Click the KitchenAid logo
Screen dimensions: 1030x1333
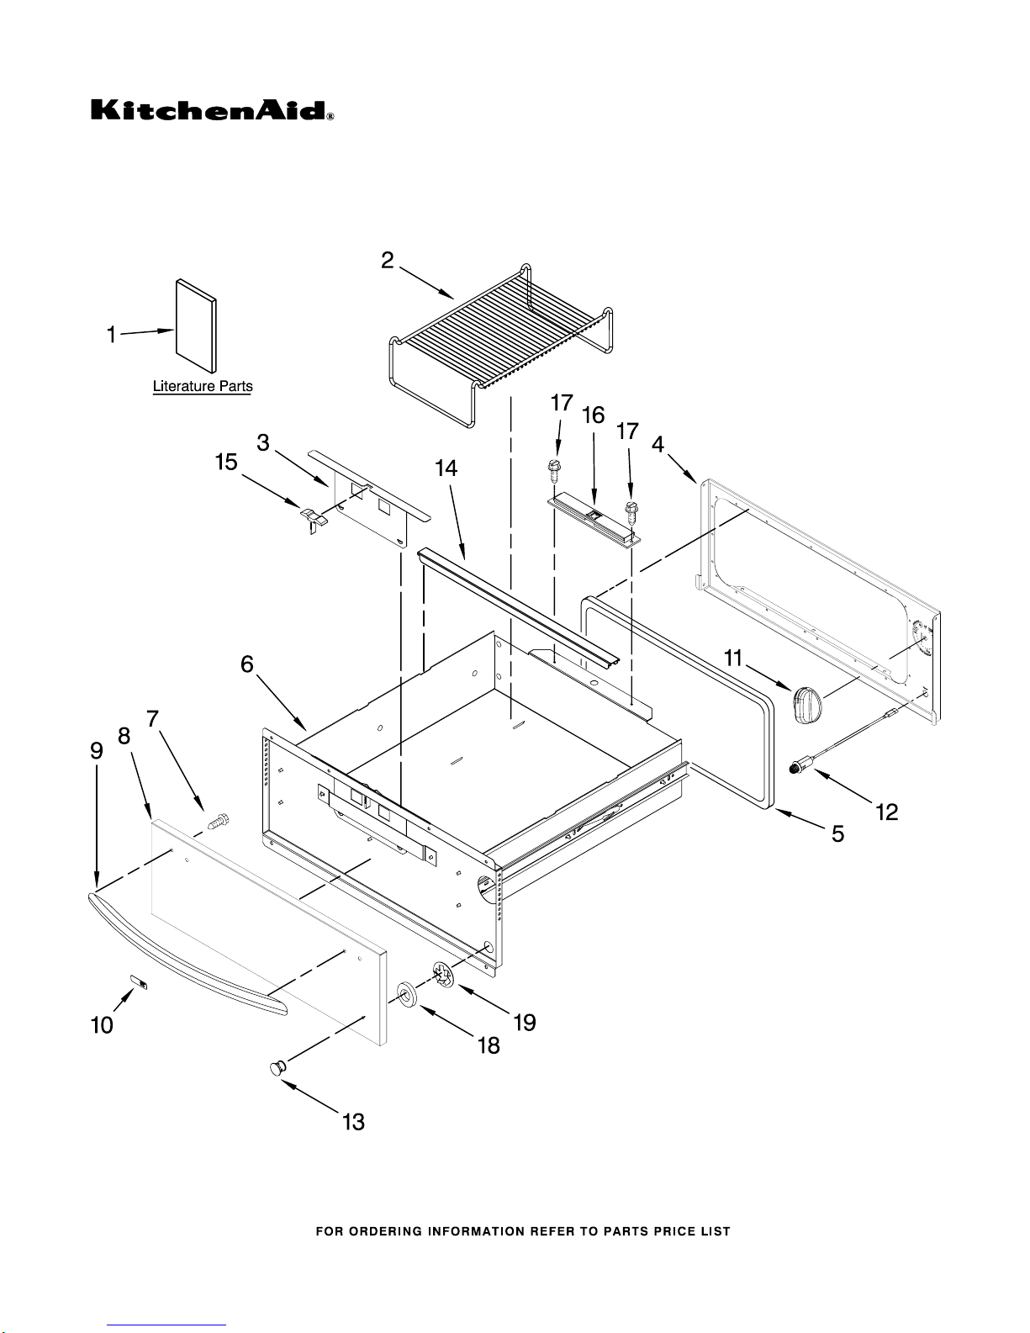tap(212, 110)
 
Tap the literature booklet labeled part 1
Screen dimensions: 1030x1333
tap(196, 325)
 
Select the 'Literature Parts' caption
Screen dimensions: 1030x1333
tap(203, 387)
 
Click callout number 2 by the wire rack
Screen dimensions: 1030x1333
tap(387, 261)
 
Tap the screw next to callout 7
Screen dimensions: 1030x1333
tap(219, 821)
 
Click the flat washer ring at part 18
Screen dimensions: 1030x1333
tap(407, 994)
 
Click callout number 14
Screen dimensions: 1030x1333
tap(446, 468)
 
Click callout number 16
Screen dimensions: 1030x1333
tap(593, 416)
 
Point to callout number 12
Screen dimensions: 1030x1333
tap(886, 812)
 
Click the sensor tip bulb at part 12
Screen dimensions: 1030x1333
tap(800, 766)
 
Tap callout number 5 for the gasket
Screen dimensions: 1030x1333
tap(837, 833)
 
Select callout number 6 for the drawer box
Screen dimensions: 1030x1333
tap(247, 664)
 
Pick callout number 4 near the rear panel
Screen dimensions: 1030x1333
tap(658, 443)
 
